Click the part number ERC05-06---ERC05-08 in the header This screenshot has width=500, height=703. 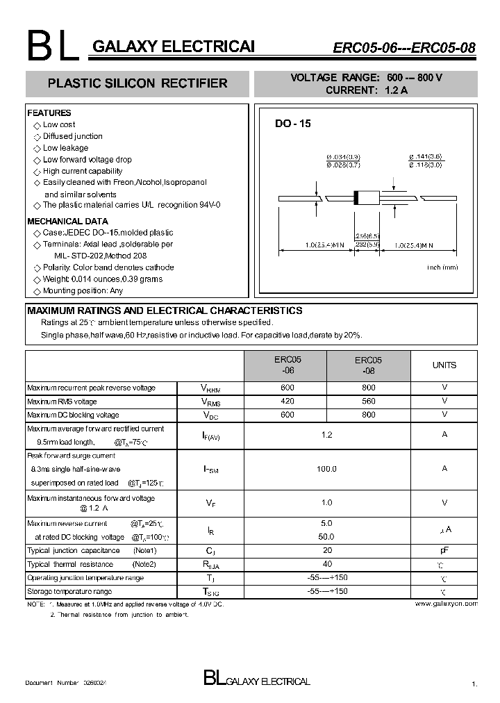[x=404, y=48]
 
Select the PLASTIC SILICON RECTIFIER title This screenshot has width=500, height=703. [x=137, y=83]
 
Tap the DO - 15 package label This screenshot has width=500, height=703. [x=292, y=124]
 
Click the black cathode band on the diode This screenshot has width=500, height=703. [x=357, y=197]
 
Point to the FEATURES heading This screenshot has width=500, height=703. [x=49, y=113]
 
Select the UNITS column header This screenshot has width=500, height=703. [x=444, y=365]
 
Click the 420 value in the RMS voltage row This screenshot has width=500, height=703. [x=287, y=402]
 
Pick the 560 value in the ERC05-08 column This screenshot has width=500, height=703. [x=368, y=402]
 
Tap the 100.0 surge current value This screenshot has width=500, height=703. [x=326, y=469]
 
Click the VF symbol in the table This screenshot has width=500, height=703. [x=210, y=503]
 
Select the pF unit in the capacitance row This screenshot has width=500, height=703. [x=444, y=549]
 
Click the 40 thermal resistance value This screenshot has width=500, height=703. [x=327, y=564]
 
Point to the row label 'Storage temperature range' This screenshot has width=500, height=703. [x=69, y=591]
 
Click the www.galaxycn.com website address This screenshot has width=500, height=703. [x=446, y=604]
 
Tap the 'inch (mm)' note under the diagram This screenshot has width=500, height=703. [x=442, y=267]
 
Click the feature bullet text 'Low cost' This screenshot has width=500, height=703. [x=59, y=124]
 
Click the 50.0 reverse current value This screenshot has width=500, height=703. [x=326, y=537]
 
